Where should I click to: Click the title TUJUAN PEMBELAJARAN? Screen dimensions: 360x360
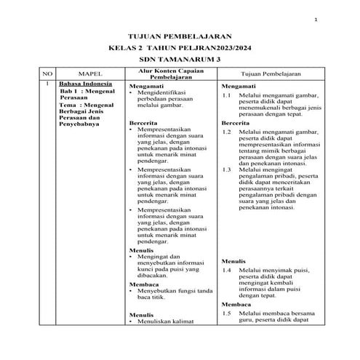pos(179,34)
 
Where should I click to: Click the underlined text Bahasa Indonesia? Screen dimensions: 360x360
pos(86,86)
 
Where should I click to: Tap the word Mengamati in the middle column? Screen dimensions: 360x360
pos(145,86)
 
